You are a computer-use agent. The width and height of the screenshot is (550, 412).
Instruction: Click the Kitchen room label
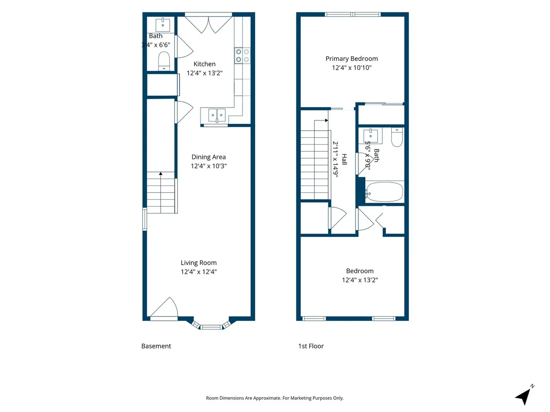(205, 64)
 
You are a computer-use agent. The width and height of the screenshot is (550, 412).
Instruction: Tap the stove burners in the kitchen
(242, 56)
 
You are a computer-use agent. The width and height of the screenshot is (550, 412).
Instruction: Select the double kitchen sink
(217, 115)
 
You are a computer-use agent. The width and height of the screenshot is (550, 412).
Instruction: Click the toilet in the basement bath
(164, 61)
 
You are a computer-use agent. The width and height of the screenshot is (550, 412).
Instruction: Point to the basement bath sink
(163, 25)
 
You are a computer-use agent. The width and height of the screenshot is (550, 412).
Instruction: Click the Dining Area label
(208, 157)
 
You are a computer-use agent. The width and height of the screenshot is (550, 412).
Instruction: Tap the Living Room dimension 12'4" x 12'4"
(199, 272)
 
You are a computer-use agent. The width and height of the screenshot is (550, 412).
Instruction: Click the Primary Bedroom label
(351, 59)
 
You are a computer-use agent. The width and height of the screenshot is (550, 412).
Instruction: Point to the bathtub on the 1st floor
(384, 192)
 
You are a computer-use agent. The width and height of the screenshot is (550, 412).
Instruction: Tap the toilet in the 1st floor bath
(397, 137)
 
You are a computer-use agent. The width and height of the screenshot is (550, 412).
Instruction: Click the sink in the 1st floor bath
(370, 135)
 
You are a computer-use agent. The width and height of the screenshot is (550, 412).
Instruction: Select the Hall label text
(344, 160)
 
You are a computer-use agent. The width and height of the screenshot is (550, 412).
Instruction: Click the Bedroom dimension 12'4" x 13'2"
(360, 280)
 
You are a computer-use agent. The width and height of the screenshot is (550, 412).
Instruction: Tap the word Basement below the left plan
(156, 346)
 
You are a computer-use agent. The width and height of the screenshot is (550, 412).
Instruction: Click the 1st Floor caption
(311, 346)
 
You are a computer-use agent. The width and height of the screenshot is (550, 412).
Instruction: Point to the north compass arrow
(524, 396)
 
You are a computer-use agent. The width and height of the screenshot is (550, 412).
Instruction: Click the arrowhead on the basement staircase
(161, 174)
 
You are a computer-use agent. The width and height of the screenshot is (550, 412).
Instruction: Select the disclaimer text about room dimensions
(275, 398)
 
